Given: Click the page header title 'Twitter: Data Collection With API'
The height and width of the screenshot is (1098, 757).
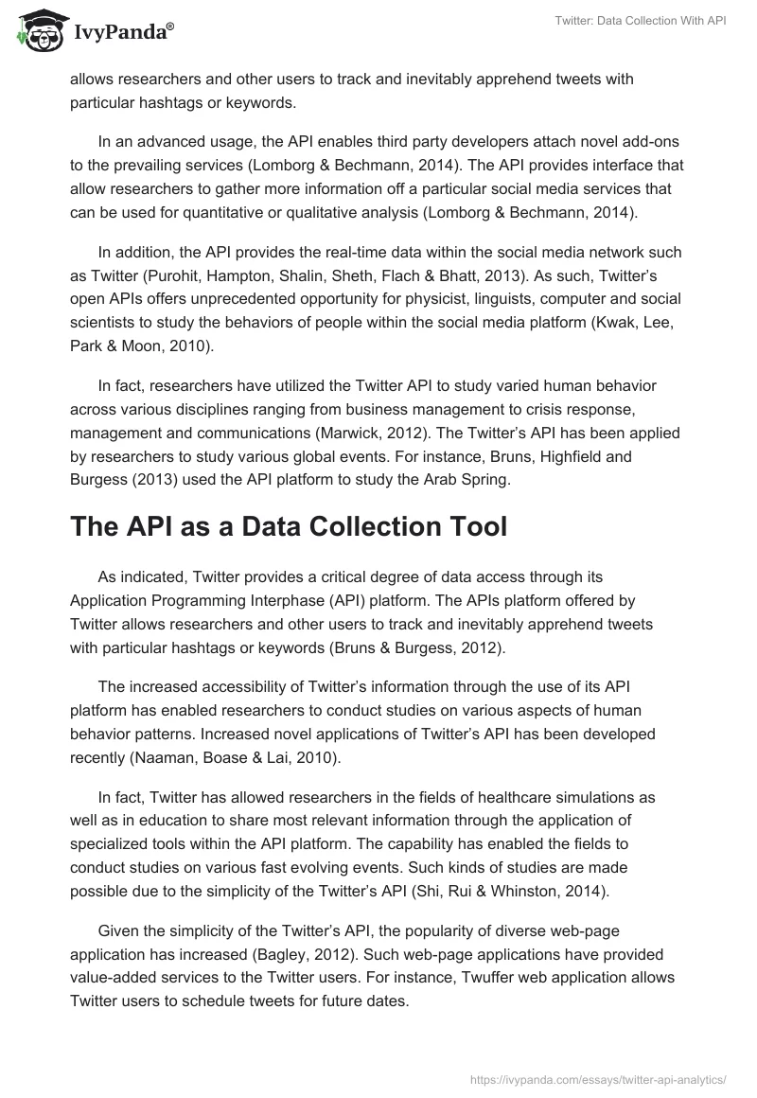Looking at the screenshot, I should (636, 20).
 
